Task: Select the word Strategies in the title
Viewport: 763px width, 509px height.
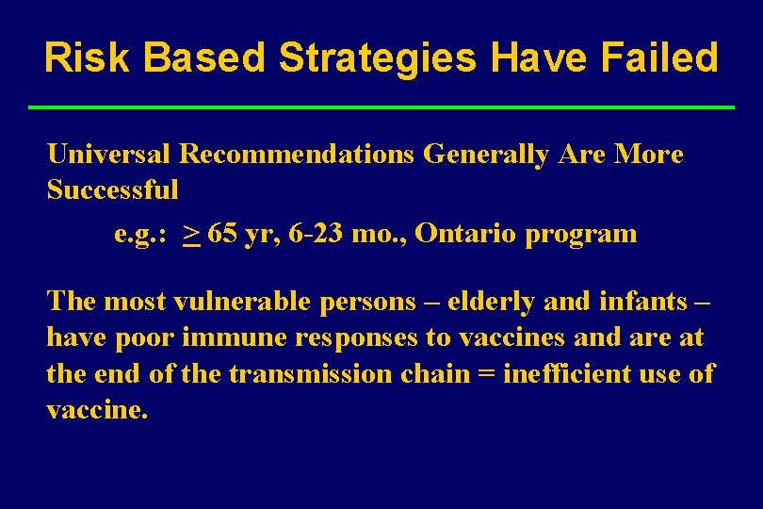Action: tap(378, 57)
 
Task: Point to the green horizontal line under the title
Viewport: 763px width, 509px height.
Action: tap(381, 107)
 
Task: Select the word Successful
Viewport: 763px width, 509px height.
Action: tap(112, 189)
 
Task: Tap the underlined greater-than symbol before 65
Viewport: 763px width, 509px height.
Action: tap(191, 234)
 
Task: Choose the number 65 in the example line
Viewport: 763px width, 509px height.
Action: tap(223, 234)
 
